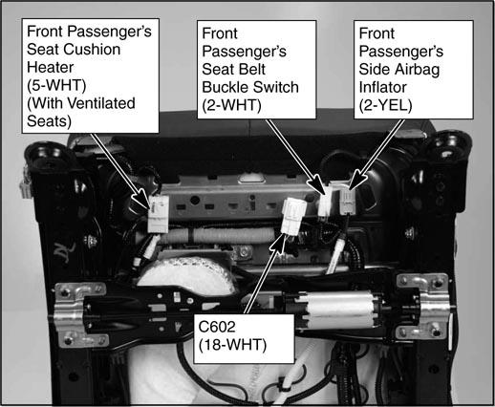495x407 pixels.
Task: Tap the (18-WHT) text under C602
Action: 232,345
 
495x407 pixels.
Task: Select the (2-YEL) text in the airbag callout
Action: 385,105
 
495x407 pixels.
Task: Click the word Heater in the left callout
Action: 50,67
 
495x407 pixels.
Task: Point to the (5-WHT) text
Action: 56,85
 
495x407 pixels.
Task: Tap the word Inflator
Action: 383,87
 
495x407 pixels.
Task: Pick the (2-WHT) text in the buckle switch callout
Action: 231,105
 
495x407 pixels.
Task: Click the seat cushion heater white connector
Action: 158,214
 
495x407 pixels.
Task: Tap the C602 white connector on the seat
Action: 293,216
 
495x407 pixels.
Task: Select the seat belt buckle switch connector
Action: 325,202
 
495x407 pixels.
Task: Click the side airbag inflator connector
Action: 347,202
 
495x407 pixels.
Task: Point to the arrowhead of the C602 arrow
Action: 279,242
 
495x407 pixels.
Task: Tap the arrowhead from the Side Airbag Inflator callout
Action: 356,181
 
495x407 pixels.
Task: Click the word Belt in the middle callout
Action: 252,69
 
